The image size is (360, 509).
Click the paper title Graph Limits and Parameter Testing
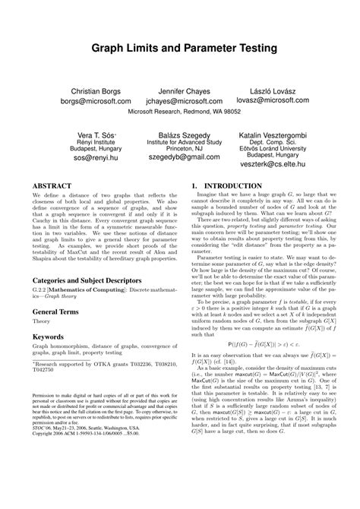point(180,48)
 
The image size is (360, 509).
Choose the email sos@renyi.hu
point(93,159)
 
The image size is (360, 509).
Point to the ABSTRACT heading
point(53,185)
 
